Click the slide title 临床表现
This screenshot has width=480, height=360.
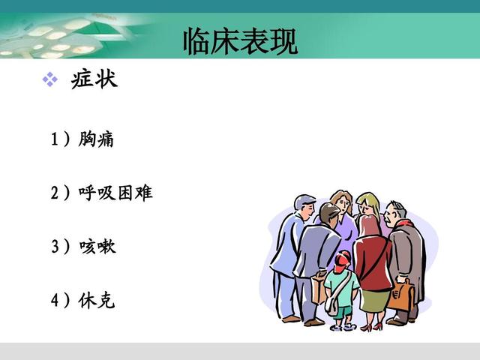point(240,41)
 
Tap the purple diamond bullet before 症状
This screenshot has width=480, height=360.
point(49,80)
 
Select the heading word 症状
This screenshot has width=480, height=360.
point(94,79)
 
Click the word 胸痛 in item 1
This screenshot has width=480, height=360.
point(96,139)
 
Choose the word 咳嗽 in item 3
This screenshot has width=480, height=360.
point(97,247)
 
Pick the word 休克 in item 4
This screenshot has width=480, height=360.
point(97,301)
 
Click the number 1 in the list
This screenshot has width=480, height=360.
point(55,139)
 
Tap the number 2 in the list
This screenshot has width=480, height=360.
point(55,193)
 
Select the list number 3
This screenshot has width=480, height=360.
point(55,247)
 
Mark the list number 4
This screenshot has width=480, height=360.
point(55,301)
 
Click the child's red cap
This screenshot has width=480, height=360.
point(343,259)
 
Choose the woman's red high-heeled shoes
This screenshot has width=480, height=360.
point(370,326)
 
